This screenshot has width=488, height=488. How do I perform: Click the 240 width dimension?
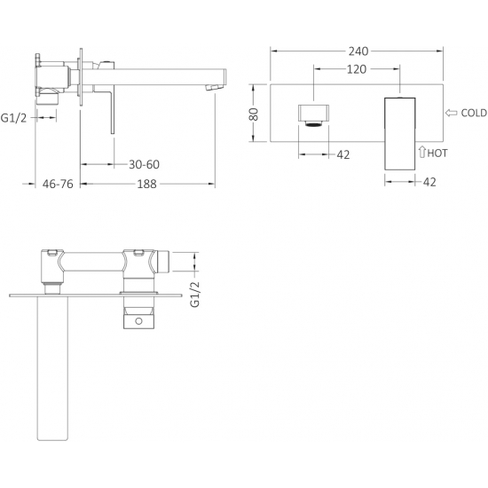pos(358,51)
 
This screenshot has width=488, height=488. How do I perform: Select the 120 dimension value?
pos(357,69)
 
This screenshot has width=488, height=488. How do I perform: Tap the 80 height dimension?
pos(255,114)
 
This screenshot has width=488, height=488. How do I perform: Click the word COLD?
pos(474,113)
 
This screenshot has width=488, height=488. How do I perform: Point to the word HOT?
pos(437,153)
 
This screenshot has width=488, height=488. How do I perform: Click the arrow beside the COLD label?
pos(452,113)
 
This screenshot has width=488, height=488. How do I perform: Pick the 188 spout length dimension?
pos(147,184)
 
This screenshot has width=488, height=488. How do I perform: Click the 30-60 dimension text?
pos(144,164)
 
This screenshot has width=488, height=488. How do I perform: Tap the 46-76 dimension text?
pos(58,184)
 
